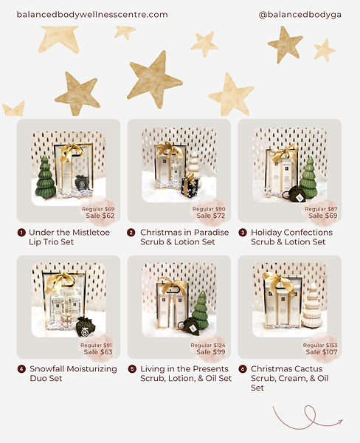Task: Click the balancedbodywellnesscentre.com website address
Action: click(x=92, y=15)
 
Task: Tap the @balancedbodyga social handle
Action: click(x=300, y=15)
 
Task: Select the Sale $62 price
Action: click(x=100, y=216)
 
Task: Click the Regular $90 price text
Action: click(x=209, y=209)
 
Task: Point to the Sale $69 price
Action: click(x=323, y=216)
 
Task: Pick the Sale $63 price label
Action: click(x=98, y=352)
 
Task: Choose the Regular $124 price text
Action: click(x=208, y=345)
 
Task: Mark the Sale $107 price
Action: click(x=322, y=352)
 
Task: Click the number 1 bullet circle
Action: click(x=21, y=233)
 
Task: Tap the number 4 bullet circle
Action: click(x=21, y=369)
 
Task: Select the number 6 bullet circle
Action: click(x=243, y=369)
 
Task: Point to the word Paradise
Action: click(x=211, y=233)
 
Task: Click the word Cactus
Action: click(x=309, y=369)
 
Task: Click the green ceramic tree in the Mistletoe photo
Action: click(x=45, y=177)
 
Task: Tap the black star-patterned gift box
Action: click(x=190, y=187)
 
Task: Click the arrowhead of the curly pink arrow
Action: click(x=340, y=422)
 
